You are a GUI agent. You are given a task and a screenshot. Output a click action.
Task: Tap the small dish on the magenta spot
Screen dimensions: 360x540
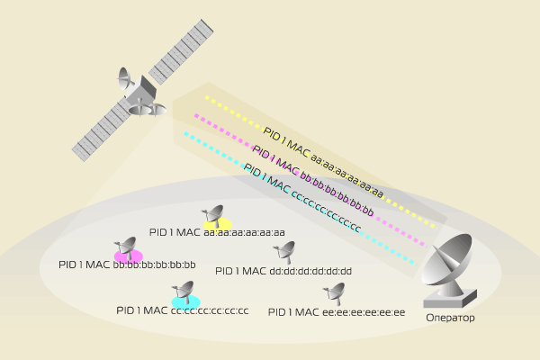click(126, 247)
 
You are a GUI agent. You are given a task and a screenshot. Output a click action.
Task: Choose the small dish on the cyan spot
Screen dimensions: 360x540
click(186, 292)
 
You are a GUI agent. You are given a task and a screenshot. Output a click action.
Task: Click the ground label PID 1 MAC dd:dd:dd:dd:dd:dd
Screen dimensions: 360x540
click(283, 271)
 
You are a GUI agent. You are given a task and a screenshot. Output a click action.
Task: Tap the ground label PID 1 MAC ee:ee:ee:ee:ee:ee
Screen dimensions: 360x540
click(337, 312)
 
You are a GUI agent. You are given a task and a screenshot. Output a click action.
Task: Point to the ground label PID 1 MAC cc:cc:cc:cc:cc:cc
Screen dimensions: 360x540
click(182, 310)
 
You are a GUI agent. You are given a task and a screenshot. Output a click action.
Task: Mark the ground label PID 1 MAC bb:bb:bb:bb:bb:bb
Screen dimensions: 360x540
click(127, 265)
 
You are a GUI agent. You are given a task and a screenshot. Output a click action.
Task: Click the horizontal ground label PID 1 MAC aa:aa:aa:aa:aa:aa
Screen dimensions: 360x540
click(218, 232)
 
